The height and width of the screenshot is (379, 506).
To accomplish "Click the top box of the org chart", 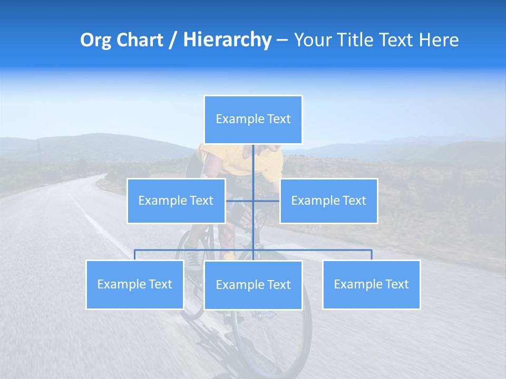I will [x=253, y=119].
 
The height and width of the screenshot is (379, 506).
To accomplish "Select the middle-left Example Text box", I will [x=176, y=201].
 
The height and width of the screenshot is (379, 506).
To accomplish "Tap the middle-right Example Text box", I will [x=328, y=201].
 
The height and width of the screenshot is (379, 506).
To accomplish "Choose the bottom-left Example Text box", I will [x=135, y=284].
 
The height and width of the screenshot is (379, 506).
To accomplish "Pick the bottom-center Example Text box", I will [x=253, y=285].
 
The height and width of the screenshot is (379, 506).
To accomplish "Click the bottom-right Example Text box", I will [x=371, y=284].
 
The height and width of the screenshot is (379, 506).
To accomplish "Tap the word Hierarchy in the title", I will [x=227, y=40].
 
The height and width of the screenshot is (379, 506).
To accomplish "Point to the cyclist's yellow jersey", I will [x=216, y=158].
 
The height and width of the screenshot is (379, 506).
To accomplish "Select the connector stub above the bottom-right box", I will [x=372, y=255].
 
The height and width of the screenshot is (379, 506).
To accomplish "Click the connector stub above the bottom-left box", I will [x=135, y=255].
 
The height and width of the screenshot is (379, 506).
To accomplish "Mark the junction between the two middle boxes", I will [x=253, y=201].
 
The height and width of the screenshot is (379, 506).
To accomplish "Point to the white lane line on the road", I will [x=100, y=226].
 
